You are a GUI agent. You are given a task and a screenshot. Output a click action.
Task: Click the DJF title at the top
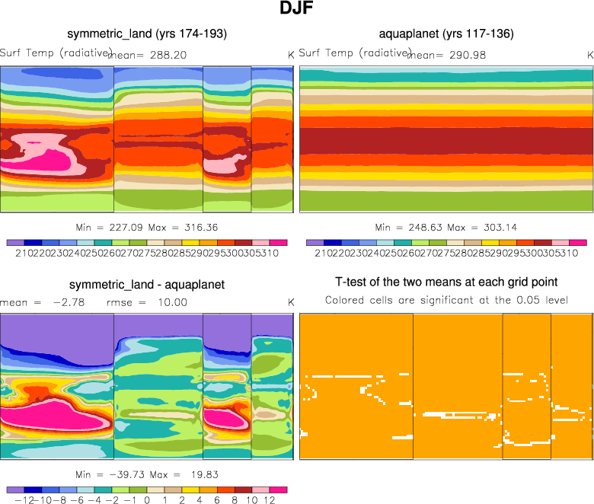tap(296, 11)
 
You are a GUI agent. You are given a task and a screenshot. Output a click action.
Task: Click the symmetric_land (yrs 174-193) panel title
tap(147, 33)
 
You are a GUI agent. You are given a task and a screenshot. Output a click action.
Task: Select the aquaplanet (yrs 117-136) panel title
tap(445, 33)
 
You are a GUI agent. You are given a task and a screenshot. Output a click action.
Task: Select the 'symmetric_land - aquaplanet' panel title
tap(147, 285)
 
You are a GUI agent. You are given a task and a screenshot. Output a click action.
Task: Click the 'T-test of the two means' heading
tap(446, 282)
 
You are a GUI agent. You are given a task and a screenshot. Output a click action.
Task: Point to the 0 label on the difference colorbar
tap(147, 501)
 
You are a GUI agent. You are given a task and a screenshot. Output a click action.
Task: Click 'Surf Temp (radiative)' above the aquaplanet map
tap(354, 53)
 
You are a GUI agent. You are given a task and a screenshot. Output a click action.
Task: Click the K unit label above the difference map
tap(290, 302)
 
